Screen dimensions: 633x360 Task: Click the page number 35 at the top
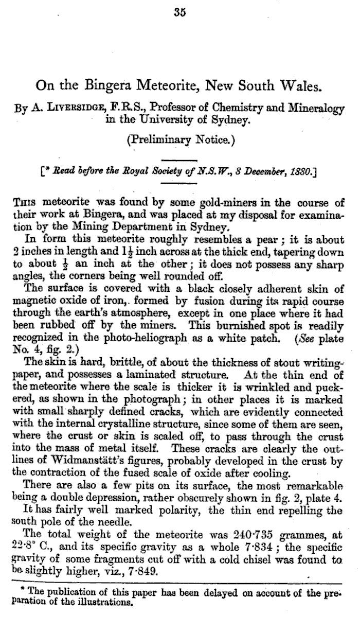click(x=179, y=13)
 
